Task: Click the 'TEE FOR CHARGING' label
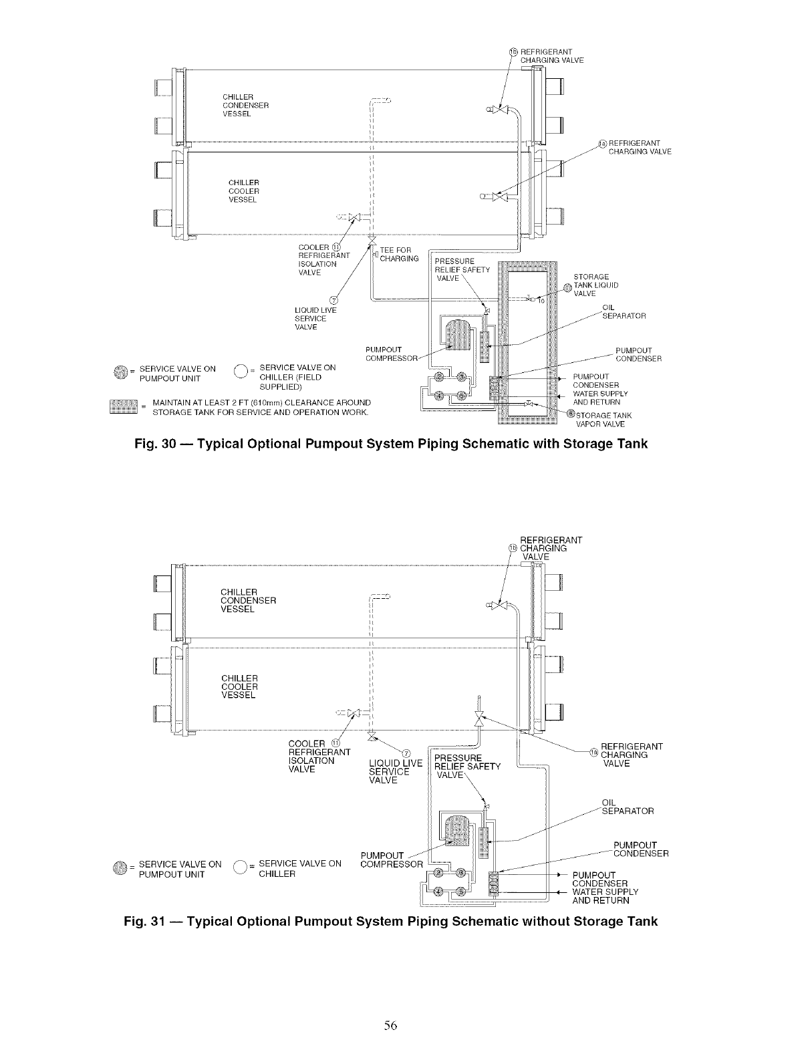[x=399, y=255]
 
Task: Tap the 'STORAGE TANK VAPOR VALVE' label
[x=603, y=420]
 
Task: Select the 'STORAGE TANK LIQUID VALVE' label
[x=596, y=285]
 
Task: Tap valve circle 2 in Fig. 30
[x=437, y=376]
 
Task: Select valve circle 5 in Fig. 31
[x=460, y=892]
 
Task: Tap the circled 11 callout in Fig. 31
[x=335, y=743]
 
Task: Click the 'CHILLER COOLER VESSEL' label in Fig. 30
[x=244, y=191]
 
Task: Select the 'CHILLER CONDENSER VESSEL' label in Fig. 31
[x=248, y=600]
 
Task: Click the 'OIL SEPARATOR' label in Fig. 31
[x=627, y=807]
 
